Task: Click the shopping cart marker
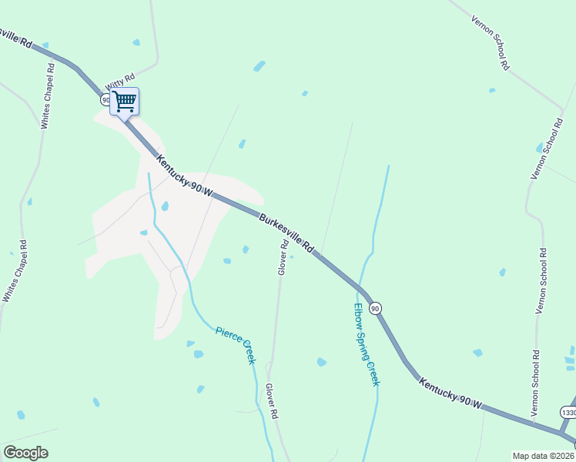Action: [x=125, y=101]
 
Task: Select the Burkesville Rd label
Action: [x=286, y=233]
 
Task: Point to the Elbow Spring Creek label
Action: [x=367, y=343]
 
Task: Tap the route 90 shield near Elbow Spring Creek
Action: [x=375, y=308]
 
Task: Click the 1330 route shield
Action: [x=568, y=413]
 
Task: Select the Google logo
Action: [x=25, y=453]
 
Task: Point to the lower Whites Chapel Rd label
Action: [x=15, y=271]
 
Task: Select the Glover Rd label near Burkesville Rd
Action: [x=283, y=257]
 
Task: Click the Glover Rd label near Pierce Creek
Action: [x=271, y=401]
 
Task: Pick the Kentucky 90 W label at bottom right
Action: [x=450, y=393]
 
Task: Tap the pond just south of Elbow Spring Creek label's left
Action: [x=322, y=362]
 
